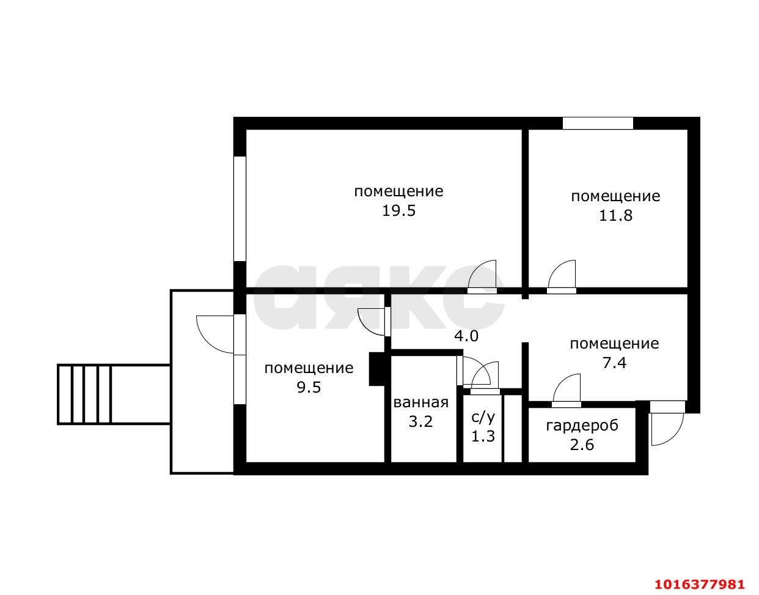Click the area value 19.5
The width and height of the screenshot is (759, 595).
[398, 211]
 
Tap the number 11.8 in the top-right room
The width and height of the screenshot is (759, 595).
[615, 216]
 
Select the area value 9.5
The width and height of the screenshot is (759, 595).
[309, 388]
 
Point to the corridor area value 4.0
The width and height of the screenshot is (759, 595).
[466, 336]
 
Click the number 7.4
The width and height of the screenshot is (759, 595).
[614, 363]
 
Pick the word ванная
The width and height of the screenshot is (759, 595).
[421, 402]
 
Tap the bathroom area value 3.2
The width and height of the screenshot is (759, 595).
[420, 422]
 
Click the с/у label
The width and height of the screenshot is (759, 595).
[483, 418]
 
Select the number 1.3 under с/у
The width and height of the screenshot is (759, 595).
[483, 437]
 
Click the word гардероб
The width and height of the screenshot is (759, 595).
[582, 426]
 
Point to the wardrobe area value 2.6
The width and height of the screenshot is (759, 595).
[582, 445]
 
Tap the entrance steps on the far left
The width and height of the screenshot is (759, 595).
[84, 394]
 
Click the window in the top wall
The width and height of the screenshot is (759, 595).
[598, 123]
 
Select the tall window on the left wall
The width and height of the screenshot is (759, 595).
[240, 209]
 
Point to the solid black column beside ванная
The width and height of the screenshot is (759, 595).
[377, 369]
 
